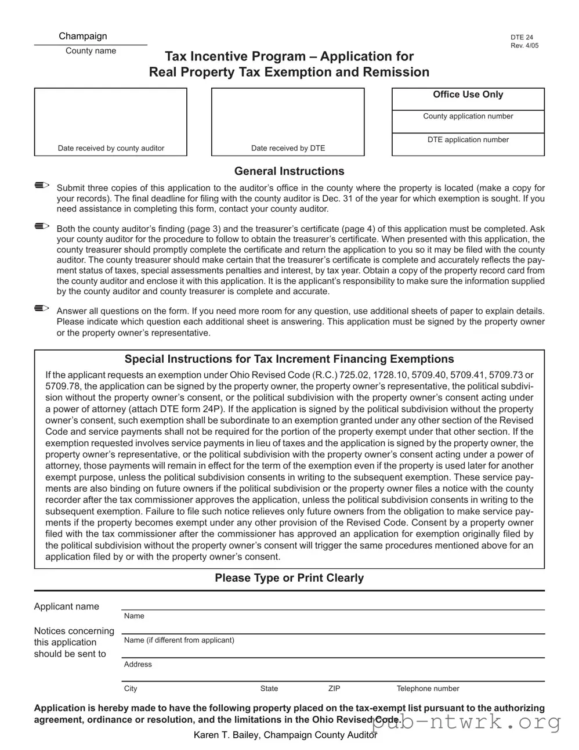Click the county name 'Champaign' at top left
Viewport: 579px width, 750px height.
tap(83, 37)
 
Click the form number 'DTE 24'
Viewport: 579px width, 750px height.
tap(522, 38)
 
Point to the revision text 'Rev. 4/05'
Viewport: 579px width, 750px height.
tap(524, 46)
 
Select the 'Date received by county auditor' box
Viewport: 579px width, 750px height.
tap(111, 122)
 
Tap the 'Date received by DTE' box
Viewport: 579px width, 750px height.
tap(288, 122)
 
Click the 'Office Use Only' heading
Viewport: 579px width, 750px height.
tap(468, 95)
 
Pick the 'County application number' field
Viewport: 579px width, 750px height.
tap(468, 121)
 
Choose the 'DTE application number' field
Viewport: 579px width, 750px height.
tap(468, 145)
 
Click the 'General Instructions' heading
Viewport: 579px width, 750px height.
tap(289, 171)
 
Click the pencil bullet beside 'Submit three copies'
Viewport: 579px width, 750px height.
tap(42, 186)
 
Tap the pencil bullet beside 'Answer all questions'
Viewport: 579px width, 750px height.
tap(42, 308)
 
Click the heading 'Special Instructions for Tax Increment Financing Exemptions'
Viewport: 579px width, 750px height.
tap(289, 359)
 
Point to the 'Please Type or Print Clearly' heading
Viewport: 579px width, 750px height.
tap(289, 578)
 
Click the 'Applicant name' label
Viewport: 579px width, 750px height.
tap(67, 607)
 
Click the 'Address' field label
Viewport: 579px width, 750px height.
tap(138, 665)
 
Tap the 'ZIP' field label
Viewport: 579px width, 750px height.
tap(334, 689)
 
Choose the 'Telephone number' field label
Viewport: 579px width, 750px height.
tap(428, 689)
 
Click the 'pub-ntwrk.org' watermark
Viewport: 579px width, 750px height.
tap(466, 723)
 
